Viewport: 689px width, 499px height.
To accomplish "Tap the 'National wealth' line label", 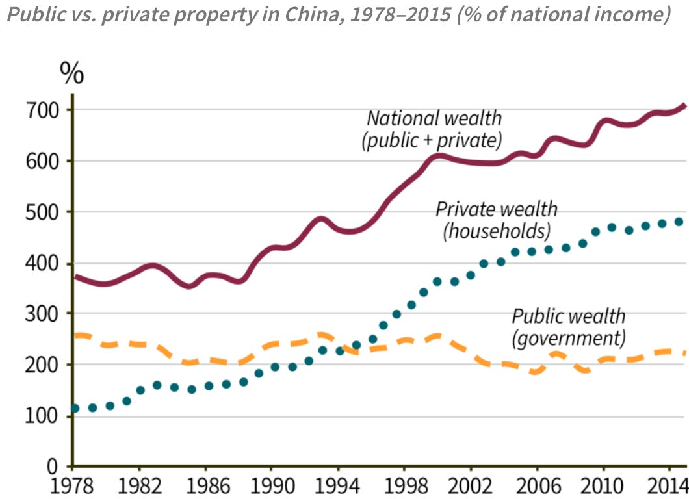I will click(434, 118).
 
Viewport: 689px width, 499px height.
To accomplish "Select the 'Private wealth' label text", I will click(497, 209).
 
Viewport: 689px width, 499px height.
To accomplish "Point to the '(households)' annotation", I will click(497, 231).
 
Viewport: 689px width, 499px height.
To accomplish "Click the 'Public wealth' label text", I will click(569, 316).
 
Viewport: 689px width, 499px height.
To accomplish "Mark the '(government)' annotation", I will click(569, 339).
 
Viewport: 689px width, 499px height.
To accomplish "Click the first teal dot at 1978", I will click(75, 408).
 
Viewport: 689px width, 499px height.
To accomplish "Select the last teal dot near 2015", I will click(679, 222).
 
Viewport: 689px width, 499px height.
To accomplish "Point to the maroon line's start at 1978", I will click(75, 276).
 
